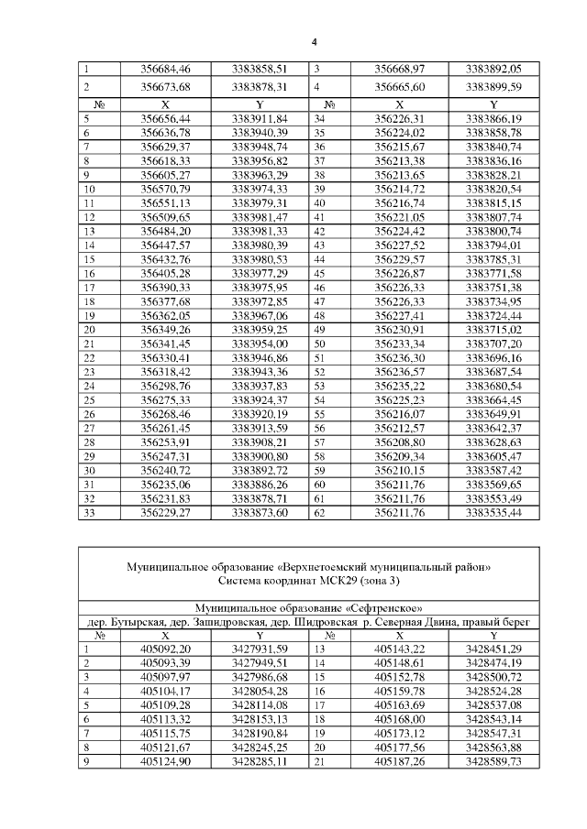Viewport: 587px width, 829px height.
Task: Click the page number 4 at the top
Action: pyautogui.click(x=314, y=42)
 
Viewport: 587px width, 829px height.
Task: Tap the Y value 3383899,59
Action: pyautogui.click(x=493, y=87)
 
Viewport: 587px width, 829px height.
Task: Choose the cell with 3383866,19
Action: pyautogui.click(x=493, y=119)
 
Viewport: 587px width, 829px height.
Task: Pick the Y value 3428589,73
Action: pyautogui.click(x=493, y=761)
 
